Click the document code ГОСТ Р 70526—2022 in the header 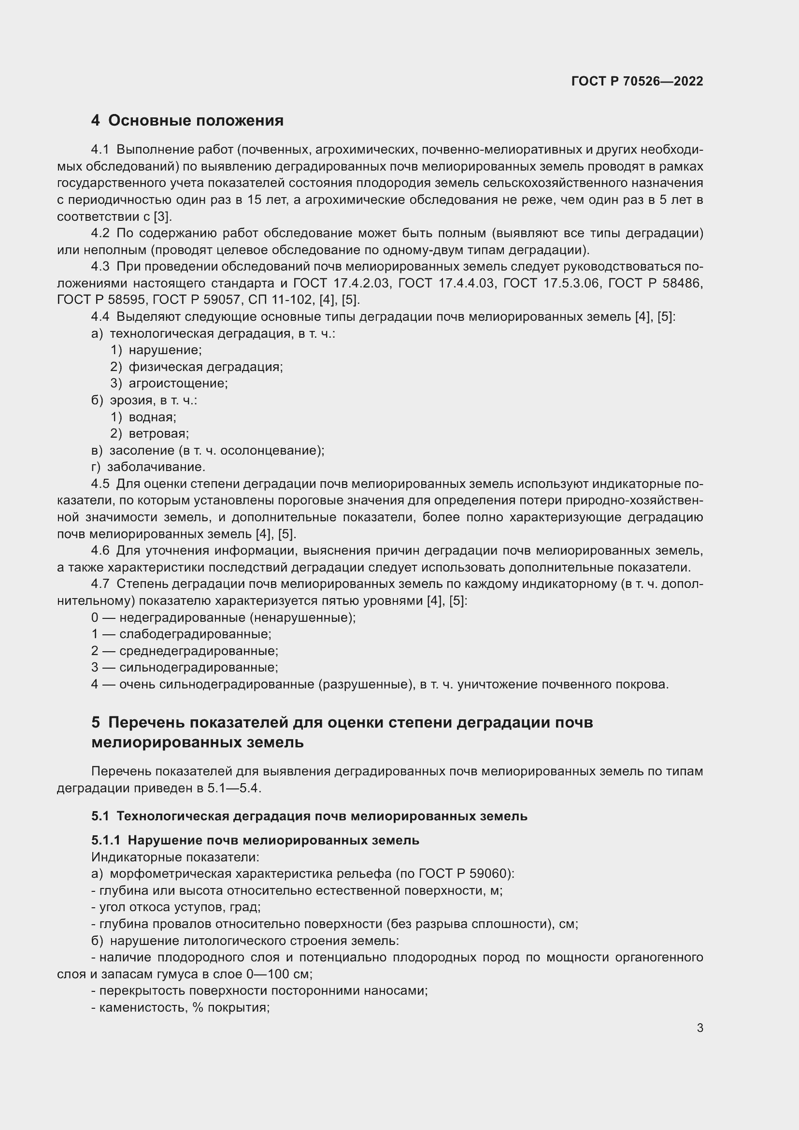point(637,81)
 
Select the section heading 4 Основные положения point(187,121)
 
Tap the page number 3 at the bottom point(700,1028)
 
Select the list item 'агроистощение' point(178,384)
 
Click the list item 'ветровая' point(158,433)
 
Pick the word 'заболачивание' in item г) point(156,467)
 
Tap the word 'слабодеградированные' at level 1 point(195,634)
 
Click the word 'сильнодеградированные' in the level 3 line point(198,667)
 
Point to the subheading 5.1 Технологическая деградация point(309,816)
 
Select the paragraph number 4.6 point(100,550)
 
